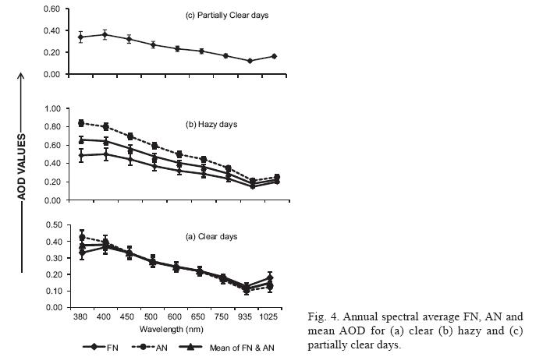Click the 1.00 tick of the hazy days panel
click(x=51, y=108)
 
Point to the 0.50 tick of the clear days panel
click(x=51, y=225)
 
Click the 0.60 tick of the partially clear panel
click(x=51, y=9)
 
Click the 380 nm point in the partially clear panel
click(x=81, y=37)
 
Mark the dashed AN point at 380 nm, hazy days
click(x=81, y=122)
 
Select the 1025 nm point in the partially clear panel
click(x=274, y=56)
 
